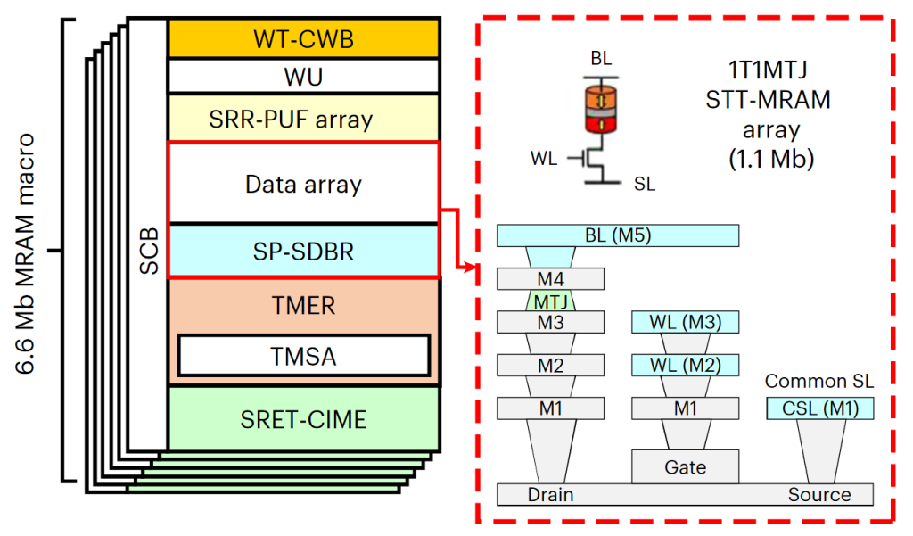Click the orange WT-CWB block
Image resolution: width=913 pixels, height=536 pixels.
click(303, 37)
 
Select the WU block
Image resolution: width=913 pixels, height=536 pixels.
click(303, 76)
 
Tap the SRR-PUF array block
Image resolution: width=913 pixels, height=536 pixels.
click(303, 118)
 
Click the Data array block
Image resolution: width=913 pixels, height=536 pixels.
click(303, 185)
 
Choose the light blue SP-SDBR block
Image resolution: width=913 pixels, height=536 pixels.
click(303, 252)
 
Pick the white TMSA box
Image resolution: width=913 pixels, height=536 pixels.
click(303, 357)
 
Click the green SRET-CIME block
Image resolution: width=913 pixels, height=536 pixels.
click(303, 418)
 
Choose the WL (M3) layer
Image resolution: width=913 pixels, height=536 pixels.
click(685, 322)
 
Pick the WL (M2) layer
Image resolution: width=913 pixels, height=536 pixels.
click(685, 365)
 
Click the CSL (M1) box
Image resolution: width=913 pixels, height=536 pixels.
click(819, 409)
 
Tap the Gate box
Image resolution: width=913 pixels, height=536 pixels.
click(685, 466)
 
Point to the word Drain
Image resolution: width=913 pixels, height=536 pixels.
click(550, 495)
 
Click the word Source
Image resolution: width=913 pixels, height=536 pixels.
click(819, 495)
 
